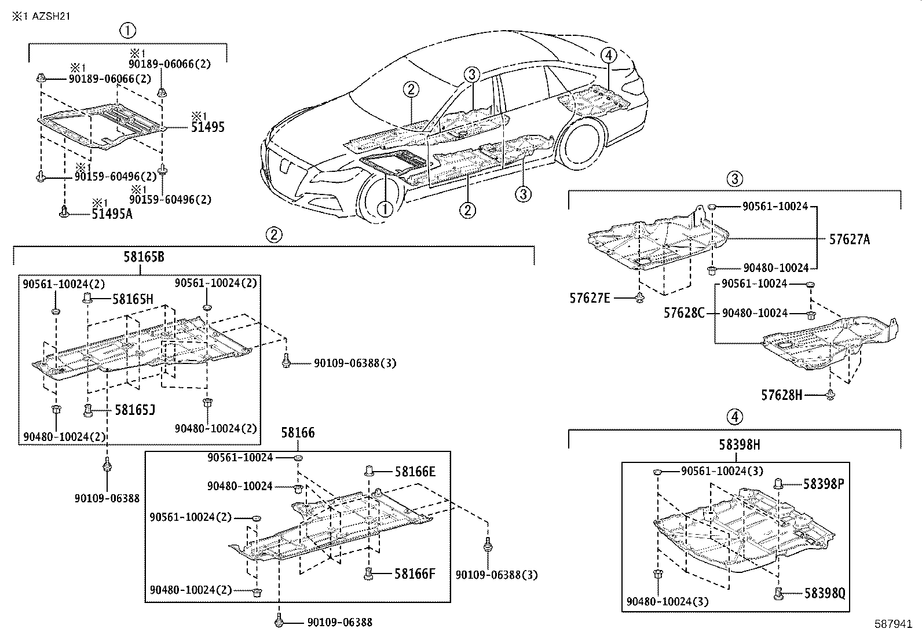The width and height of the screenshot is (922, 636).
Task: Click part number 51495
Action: [207, 128]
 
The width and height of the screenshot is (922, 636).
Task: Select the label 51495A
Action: [112, 214]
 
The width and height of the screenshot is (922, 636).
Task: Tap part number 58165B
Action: [143, 257]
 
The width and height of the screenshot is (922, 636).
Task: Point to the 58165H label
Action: [133, 299]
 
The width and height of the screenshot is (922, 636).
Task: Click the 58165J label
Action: [134, 410]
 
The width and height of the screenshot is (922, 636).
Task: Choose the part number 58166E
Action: [415, 472]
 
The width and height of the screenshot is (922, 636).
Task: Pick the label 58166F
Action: [414, 574]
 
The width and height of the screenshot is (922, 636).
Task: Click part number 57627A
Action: [849, 239]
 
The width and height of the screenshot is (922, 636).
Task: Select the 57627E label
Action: [590, 298]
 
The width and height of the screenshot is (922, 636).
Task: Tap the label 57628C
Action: [684, 313]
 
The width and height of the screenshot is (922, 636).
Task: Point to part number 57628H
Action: [781, 395]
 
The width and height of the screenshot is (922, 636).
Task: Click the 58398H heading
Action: [740, 444]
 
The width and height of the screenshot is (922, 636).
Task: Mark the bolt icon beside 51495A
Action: [65, 212]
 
